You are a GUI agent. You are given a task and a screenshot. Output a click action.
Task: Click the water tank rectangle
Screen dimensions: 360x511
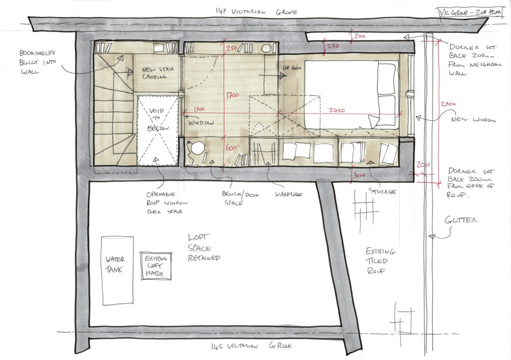[x=118, y=269]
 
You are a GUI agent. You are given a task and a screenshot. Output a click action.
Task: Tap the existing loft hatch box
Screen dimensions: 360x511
[x=156, y=266]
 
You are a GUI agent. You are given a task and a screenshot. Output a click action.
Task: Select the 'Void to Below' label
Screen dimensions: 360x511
[x=158, y=120]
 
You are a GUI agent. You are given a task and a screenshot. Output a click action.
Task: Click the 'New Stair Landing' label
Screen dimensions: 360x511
[x=156, y=73]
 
